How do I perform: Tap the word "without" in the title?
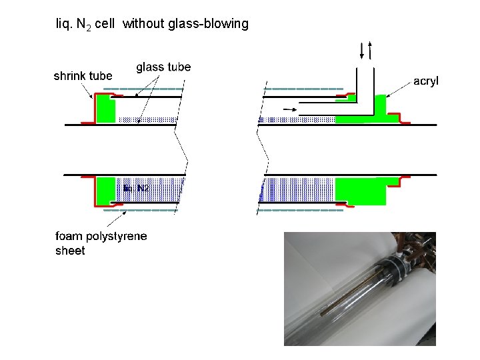[x=139, y=24]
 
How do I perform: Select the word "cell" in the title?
[x=105, y=24]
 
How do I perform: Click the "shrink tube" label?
[x=83, y=76]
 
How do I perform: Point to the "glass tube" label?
[x=163, y=67]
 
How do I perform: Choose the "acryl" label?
[x=426, y=81]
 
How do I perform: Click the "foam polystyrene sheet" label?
[x=101, y=243]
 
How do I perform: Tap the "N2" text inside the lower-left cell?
[x=143, y=188]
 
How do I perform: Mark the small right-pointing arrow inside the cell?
[x=290, y=108]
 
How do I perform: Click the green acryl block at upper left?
[x=105, y=109]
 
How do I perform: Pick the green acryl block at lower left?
[x=105, y=191]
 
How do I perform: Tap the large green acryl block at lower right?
[x=360, y=191]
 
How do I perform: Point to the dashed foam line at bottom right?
[x=300, y=210]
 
